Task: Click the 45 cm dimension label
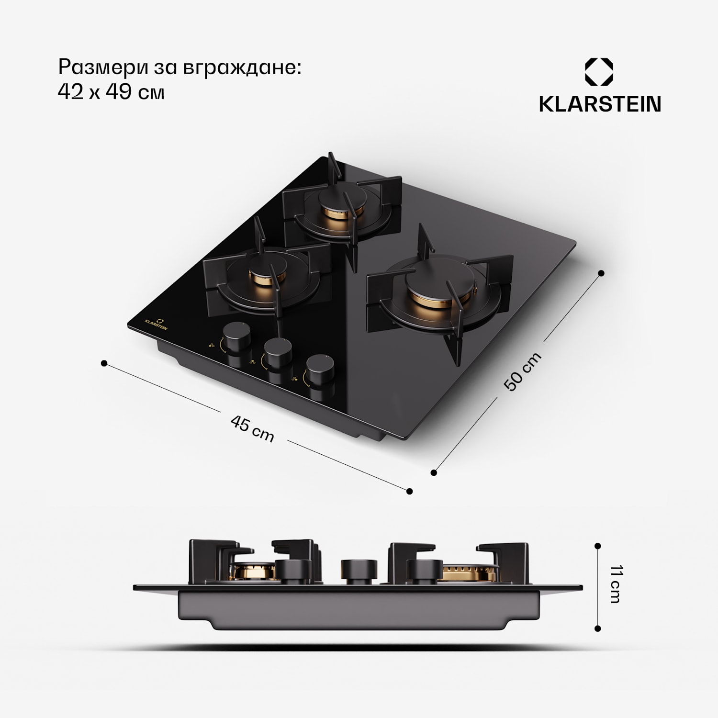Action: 252,428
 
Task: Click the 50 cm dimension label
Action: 523,371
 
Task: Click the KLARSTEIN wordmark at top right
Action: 600,104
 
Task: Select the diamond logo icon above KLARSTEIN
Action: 599,72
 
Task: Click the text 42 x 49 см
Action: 111,92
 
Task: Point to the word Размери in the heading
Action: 103,67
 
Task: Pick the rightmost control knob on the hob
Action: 320,370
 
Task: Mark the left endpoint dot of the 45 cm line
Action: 104,363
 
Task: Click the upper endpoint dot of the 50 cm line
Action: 601,273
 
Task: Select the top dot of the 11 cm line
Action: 597,546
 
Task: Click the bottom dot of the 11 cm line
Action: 597,628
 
